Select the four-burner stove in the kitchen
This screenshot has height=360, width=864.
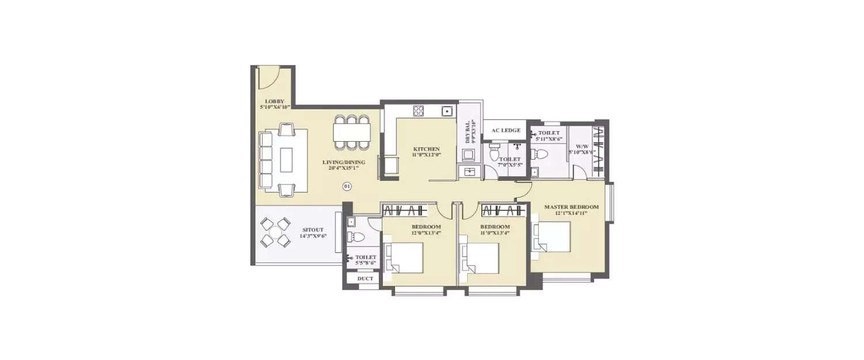coord(419,111)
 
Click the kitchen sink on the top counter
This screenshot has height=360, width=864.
coord(446,111)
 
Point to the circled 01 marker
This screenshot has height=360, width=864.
coord(347,186)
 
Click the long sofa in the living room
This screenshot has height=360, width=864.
coord(266,160)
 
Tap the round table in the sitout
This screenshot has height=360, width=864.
coord(275,232)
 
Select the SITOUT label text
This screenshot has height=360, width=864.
coord(313,230)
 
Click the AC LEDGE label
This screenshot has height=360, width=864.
coord(506,130)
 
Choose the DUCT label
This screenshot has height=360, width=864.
coord(365,279)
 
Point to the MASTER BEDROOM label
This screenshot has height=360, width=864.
coord(571,207)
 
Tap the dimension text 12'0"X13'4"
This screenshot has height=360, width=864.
coord(426,233)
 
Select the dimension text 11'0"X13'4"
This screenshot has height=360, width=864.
coord(495,233)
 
